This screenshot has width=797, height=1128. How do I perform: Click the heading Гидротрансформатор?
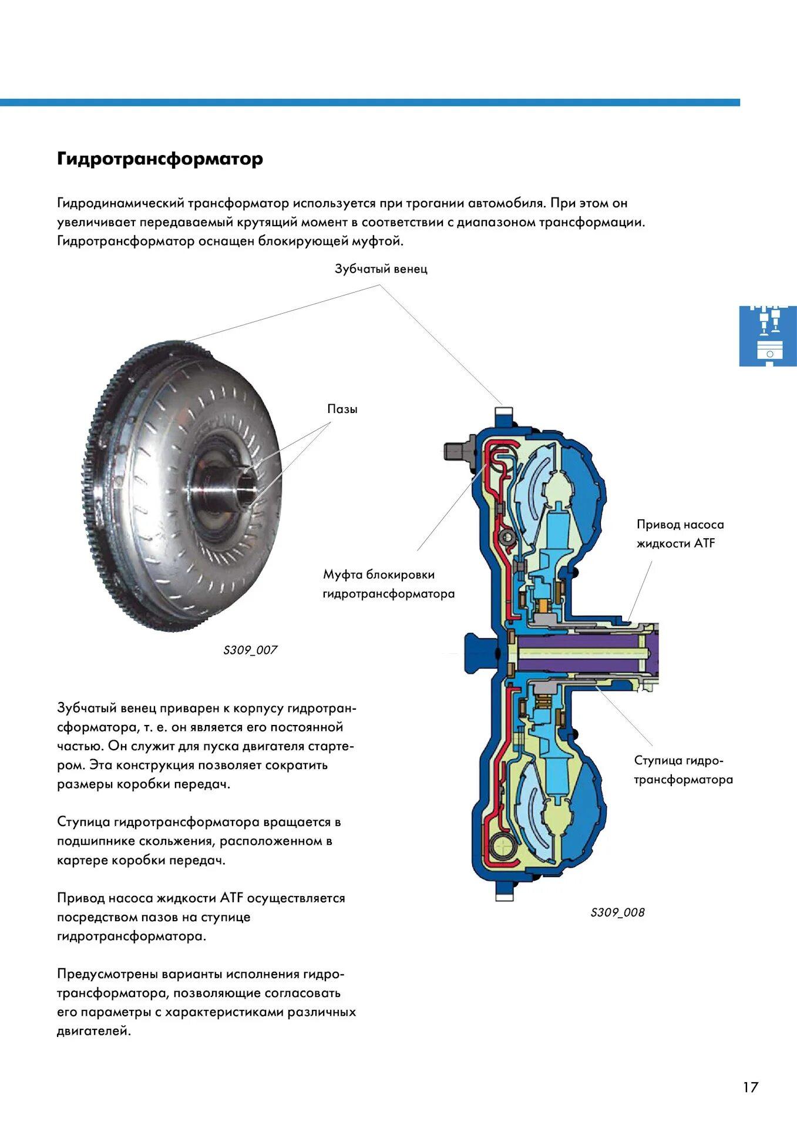[x=160, y=159]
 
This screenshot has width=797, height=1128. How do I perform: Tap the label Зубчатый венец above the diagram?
[x=381, y=269]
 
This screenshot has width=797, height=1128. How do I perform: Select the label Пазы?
[x=342, y=409]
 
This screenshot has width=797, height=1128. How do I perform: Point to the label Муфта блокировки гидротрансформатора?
[x=388, y=584]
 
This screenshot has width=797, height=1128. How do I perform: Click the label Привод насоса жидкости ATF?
[x=680, y=533]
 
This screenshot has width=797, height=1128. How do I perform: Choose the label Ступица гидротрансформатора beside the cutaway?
[x=683, y=770]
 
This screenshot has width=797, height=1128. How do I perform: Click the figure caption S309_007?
[x=250, y=650]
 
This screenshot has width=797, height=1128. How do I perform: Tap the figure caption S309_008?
[x=617, y=912]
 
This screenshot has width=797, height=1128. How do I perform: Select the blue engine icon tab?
[x=768, y=335]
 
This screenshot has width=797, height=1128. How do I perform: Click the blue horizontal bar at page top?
[x=370, y=102]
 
